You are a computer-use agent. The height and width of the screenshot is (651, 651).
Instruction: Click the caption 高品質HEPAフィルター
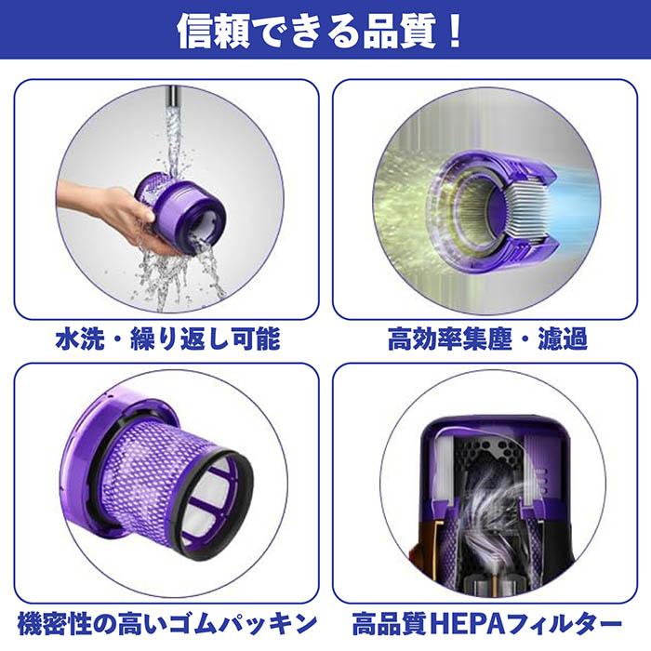487,621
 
